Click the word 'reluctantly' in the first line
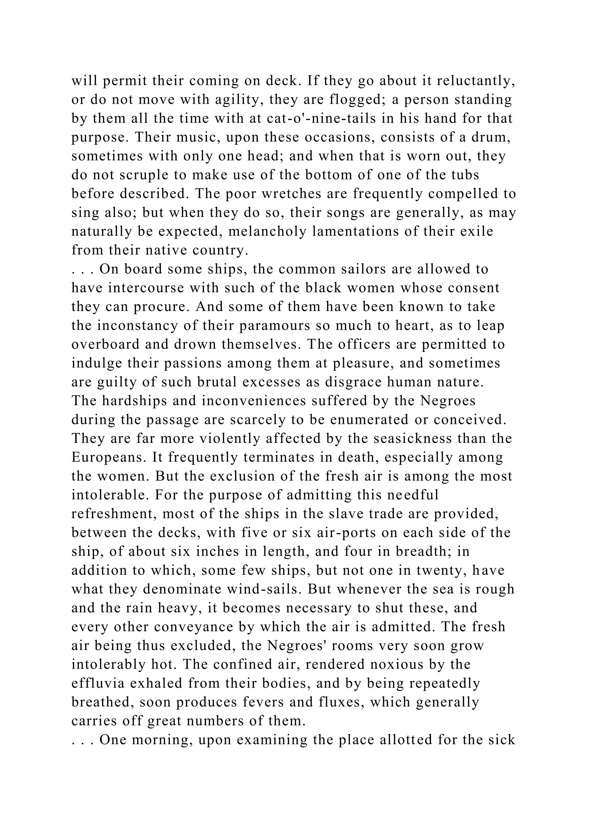coord(476,81)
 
